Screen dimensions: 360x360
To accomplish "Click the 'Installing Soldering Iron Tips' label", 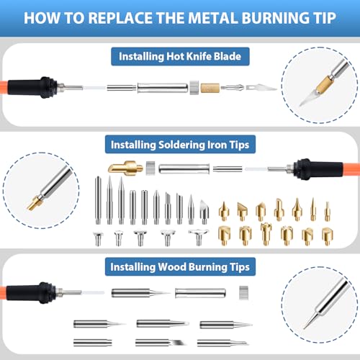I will coord(180,145).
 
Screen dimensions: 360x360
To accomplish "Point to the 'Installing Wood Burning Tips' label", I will coord(180,267).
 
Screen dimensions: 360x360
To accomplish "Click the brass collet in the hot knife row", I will coord(210,87).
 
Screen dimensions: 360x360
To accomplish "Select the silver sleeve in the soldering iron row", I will coord(183,171).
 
